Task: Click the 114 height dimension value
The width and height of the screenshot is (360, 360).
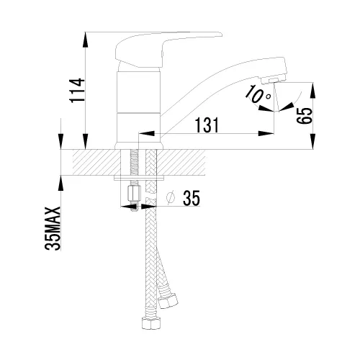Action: tap(77, 90)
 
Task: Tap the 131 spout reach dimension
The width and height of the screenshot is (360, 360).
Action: tap(207, 125)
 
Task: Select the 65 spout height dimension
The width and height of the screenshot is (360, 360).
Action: tap(305, 115)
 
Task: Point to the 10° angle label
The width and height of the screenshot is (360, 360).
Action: tap(258, 94)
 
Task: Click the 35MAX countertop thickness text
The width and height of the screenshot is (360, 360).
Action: tap(53, 228)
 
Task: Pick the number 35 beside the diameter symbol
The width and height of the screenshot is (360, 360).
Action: tap(192, 198)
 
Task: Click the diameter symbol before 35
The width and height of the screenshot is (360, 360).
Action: tap(171, 198)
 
